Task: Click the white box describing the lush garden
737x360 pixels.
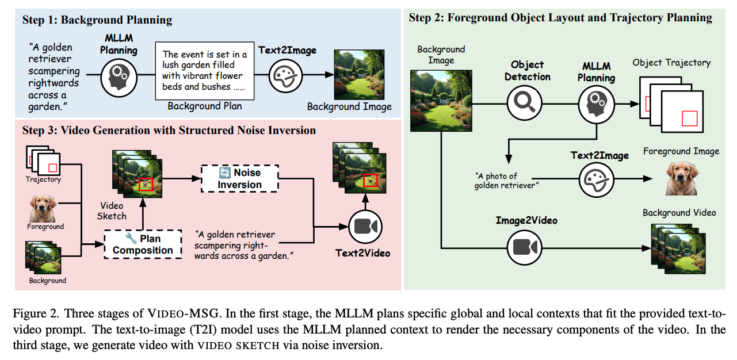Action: [x=204, y=71]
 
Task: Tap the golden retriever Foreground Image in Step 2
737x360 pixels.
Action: [x=681, y=179]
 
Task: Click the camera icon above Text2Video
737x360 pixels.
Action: [x=365, y=227]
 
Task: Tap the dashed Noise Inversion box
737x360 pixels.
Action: [x=239, y=178]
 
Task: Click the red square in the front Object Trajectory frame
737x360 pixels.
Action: [x=689, y=118]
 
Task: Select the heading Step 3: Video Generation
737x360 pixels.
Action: [x=169, y=131]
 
